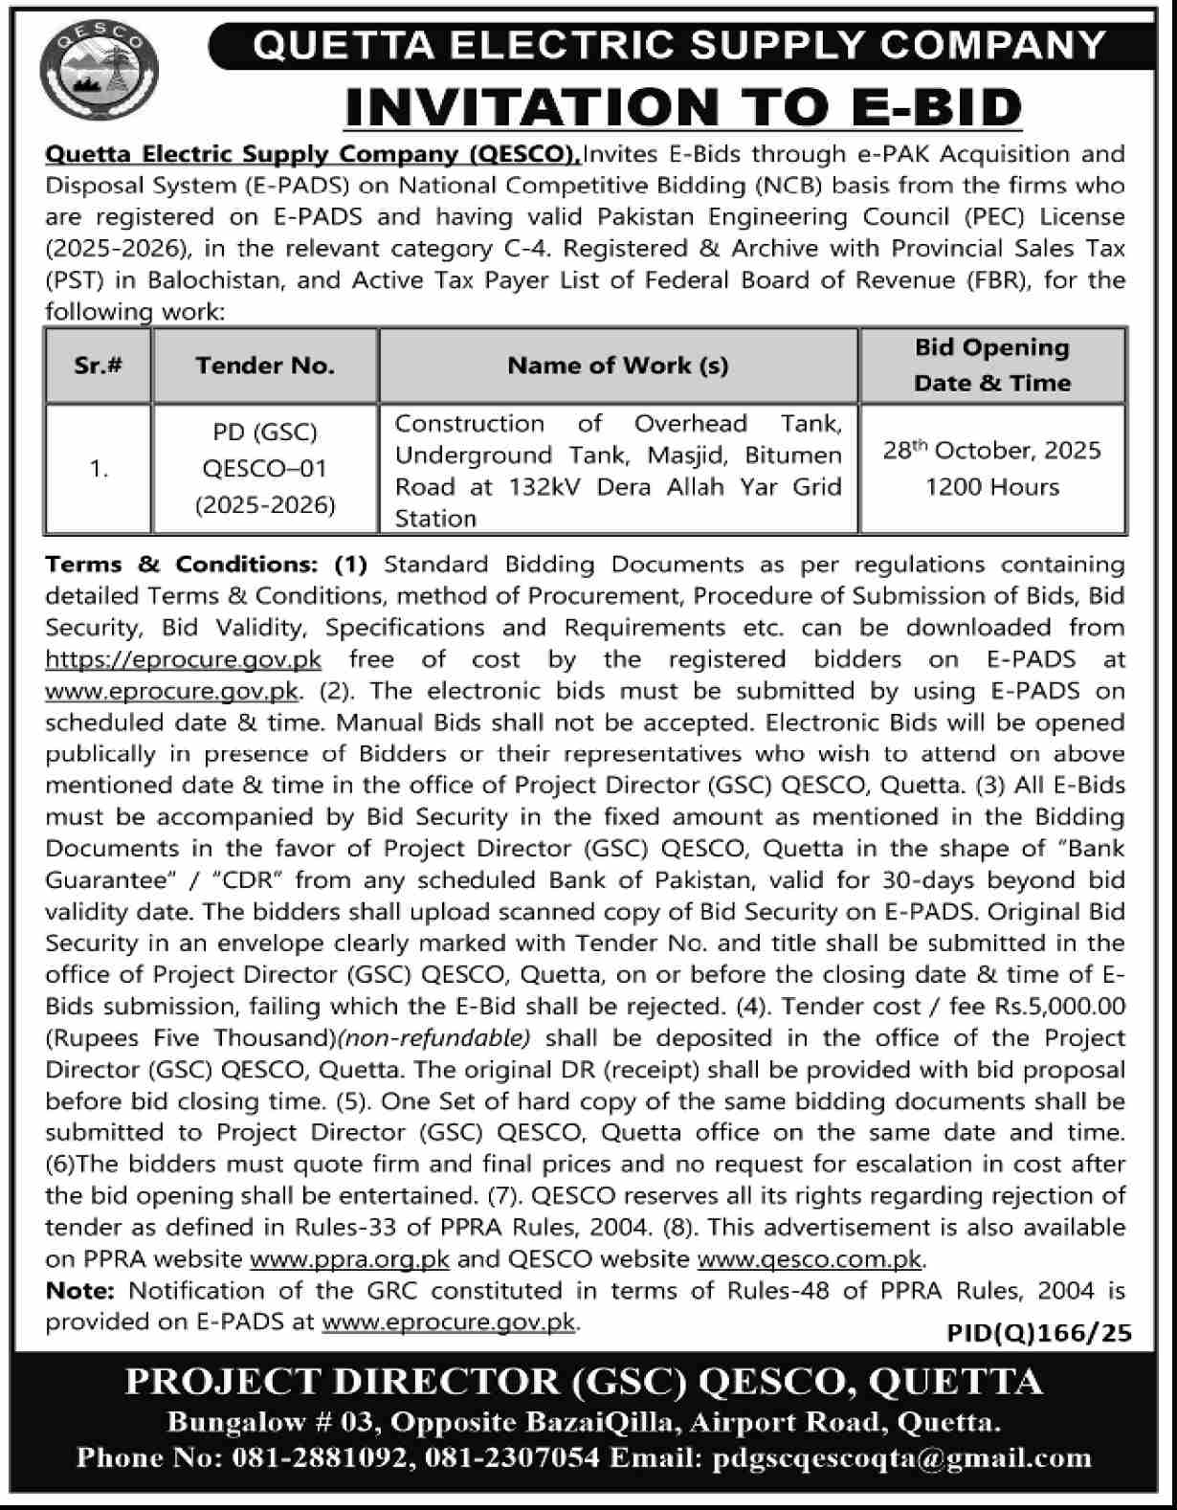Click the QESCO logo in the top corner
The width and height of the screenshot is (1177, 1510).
coord(99,73)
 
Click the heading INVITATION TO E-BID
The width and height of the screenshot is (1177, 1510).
coord(683,106)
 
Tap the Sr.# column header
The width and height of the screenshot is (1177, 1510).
coord(99,366)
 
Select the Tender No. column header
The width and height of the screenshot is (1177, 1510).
coord(265,366)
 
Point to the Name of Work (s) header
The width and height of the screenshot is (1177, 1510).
coord(617,366)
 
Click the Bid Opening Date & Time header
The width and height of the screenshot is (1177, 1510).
coord(991,366)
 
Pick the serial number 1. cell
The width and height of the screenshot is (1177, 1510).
coord(99,469)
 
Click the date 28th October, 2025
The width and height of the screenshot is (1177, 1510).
coord(991,451)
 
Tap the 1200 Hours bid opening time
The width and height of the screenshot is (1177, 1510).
coord(991,487)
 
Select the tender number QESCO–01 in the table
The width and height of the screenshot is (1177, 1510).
coord(265,469)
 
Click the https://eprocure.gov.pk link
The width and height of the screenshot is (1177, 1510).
coord(184,659)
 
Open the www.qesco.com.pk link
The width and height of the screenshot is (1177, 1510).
coord(809,1259)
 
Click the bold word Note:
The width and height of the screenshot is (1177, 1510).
coord(80,1291)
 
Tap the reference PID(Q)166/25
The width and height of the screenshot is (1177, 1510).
coord(1039,1332)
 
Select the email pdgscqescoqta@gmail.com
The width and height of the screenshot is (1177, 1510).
coord(899,1458)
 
